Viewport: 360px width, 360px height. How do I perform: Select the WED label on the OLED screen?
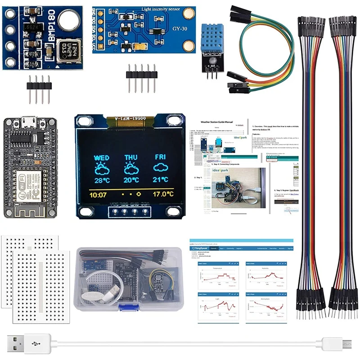tap(102, 158)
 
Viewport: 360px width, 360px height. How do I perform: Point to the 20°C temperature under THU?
tap(131, 180)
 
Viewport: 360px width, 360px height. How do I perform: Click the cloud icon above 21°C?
tap(160, 168)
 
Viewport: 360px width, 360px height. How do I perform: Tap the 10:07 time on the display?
tap(98, 195)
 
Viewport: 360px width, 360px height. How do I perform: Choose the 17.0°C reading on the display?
tap(162, 195)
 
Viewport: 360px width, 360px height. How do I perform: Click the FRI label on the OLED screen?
tap(160, 157)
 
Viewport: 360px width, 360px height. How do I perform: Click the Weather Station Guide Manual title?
tap(217, 121)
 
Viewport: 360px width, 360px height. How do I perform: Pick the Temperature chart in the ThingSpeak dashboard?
tap(216, 274)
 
